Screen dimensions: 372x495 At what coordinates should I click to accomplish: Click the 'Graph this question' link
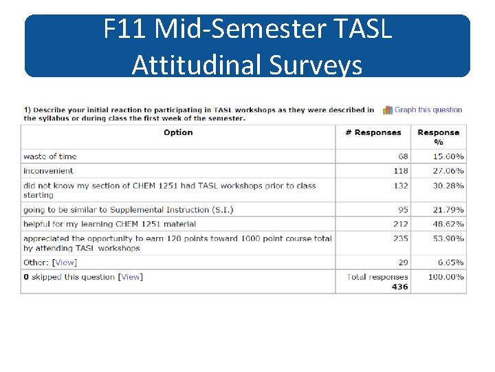[428, 110]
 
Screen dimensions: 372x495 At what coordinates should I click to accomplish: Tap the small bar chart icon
[388, 110]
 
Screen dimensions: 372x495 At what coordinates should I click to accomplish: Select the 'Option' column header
[178, 132]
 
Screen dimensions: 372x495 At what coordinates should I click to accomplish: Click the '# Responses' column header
[373, 132]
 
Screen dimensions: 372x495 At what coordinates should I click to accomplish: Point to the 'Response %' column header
[438, 136]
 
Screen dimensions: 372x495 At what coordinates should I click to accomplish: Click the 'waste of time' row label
[49, 156]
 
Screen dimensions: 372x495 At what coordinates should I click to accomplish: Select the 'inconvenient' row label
[48, 171]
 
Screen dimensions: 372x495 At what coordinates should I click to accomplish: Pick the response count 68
[402, 156]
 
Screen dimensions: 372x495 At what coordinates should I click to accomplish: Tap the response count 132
[400, 185]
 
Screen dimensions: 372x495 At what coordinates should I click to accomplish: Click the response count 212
[400, 224]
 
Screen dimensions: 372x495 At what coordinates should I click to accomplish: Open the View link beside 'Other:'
[65, 262]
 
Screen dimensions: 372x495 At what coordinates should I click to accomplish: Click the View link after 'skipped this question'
[130, 277]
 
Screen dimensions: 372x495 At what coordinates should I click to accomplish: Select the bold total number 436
[399, 287]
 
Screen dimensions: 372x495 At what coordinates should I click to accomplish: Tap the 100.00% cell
[447, 277]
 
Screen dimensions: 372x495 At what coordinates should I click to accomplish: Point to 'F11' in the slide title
[125, 30]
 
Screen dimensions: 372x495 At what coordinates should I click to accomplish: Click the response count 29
[402, 262]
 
